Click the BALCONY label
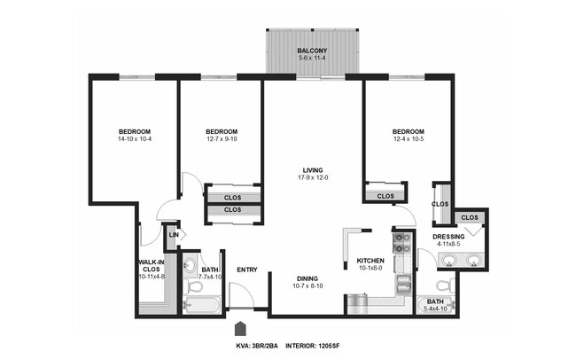[x=312, y=51]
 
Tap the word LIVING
[x=312, y=170]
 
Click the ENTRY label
[x=246, y=270]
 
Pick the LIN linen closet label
[x=173, y=235]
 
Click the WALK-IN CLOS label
[x=152, y=262]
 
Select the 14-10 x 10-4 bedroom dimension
[x=134, y=139]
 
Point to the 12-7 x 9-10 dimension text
[x=222, y=139]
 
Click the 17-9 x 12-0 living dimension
[x=313, y=178]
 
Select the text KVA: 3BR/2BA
[x=258, y=345]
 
